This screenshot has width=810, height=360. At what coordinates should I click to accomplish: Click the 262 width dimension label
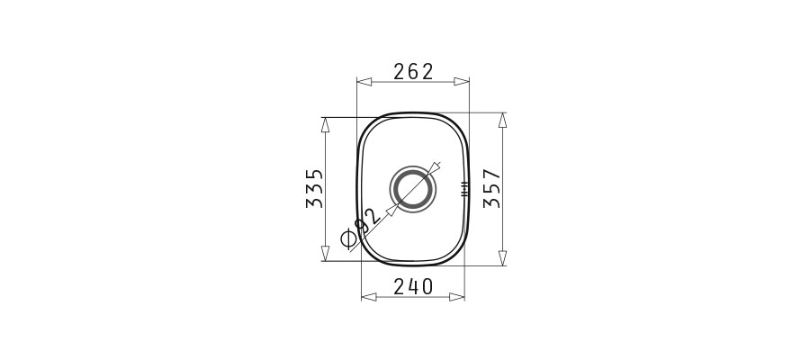coord(413,72)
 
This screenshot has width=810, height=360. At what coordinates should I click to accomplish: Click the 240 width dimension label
coord(413,286)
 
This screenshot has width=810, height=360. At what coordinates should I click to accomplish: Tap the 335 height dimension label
coord(315,188)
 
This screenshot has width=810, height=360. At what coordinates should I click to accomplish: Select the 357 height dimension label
coord(491,188)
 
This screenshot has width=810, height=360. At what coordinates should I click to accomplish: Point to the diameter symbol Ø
coord(349,238)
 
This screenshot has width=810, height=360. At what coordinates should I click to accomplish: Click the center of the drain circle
coord(413,188)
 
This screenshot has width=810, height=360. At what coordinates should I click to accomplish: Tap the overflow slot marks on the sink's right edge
coord(464,188)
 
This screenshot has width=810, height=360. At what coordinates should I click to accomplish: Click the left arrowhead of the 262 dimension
coord(364,82)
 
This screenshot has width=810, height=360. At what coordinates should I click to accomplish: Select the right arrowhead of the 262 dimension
coord(462,82)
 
